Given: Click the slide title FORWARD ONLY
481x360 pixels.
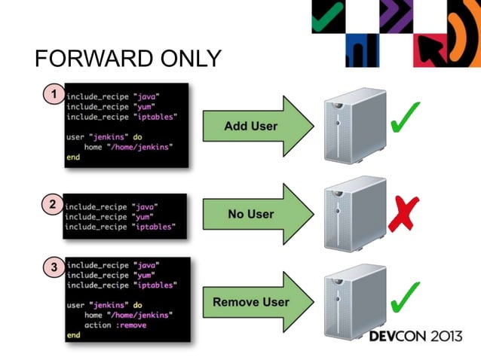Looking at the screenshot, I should coord(128,59).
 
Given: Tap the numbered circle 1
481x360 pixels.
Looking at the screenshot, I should coord(53,95).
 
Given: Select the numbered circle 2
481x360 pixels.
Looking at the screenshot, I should coord(51,203).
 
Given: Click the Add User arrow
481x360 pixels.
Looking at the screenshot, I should coord(256,126).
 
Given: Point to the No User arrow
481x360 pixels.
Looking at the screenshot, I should coord(256,215).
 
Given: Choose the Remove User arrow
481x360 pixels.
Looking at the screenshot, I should coord(256,302).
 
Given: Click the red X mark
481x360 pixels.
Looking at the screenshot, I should coord(405,214).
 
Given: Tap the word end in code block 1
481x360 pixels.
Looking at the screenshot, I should coord(73,158).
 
